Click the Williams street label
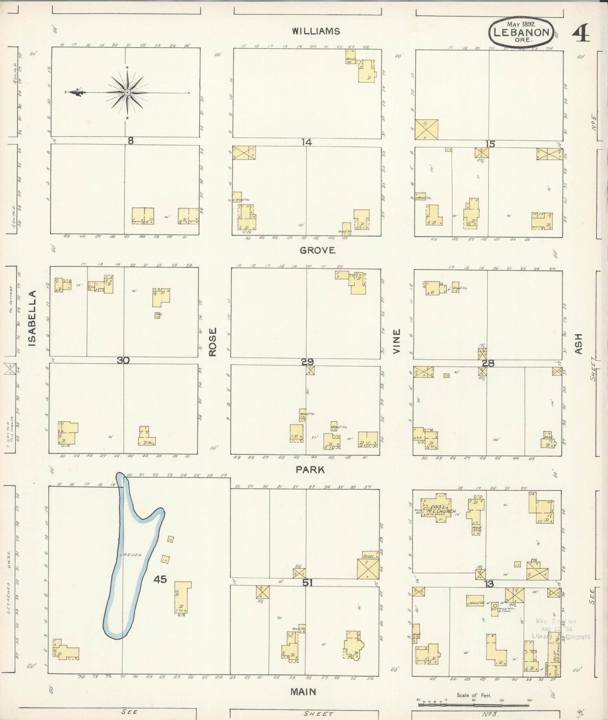coord(316,31)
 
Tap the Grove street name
coord(317,250)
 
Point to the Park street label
coord(310,470)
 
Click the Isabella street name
coord(32,318)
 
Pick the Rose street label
coord(213,342)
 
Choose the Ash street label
coord(578,343)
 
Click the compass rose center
coord(127,92)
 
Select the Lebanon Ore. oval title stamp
coord(521,32)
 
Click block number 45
coord(160,580)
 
